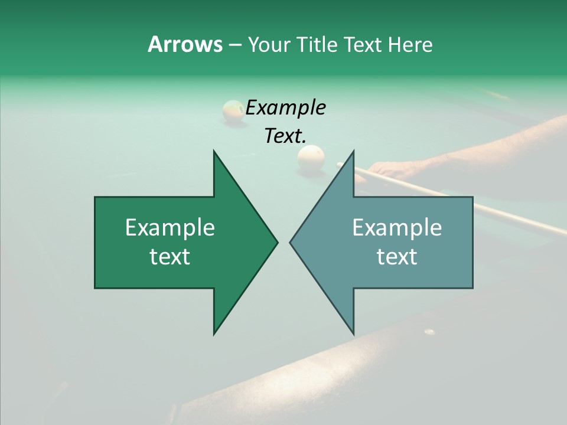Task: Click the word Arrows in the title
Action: (185, 44)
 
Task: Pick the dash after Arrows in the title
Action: (234, 45)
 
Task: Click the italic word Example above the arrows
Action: (286, 107)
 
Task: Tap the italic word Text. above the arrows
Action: (286, 136)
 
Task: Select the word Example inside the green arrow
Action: (170, 228)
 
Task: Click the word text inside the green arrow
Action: (170, 256)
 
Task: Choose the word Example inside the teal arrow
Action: (397, 228)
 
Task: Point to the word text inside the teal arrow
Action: (397, 256)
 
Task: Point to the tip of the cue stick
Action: (338, 165)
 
